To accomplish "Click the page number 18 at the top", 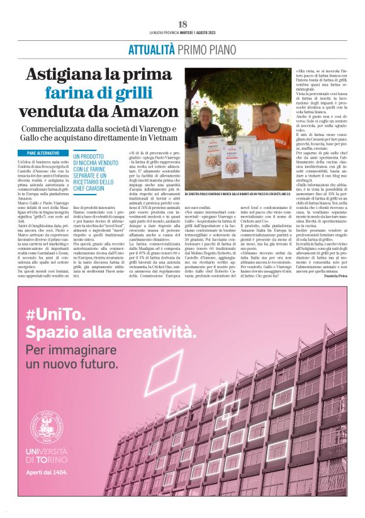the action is coord(182,24).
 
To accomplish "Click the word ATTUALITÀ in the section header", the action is coord(152,50).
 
